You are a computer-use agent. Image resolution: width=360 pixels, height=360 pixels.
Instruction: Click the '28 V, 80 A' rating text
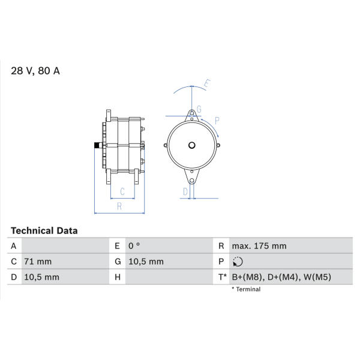point(35,71)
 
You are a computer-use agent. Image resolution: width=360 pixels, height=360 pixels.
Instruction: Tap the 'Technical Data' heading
point(44,231)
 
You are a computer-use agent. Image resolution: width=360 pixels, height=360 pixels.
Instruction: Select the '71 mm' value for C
point(38,262)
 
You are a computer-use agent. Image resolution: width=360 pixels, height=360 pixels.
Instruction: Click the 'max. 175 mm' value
point(259,246)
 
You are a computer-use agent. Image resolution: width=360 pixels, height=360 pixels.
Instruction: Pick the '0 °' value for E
point(134,246)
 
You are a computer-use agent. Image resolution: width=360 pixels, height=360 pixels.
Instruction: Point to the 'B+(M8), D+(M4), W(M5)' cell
point(281,277)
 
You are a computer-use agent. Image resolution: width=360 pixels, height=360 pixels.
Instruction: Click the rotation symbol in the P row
point(238,262)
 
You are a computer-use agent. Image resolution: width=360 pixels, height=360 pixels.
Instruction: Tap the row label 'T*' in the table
point(222,277)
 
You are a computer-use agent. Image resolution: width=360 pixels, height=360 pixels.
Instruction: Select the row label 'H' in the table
point(118,277)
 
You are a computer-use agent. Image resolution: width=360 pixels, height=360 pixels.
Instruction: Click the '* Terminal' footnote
point(246,289)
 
